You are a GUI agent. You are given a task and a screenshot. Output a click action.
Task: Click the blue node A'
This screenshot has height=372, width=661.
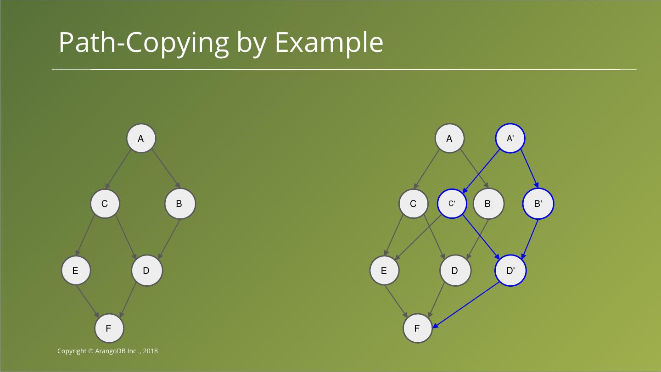coord(510,139)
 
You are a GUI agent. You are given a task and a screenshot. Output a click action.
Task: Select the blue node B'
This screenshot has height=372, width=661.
coord(538,204)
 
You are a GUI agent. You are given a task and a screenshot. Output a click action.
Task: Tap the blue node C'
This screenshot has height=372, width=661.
coord(452,203)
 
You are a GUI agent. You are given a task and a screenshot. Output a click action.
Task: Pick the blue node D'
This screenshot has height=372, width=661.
coord(510,271)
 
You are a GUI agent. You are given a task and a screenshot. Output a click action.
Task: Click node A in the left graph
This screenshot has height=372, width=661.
coord(141,139)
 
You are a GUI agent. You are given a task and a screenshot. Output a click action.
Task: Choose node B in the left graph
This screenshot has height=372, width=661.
coord(179,204)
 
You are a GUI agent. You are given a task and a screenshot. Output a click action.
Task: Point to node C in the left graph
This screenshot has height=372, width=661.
coord(105,204)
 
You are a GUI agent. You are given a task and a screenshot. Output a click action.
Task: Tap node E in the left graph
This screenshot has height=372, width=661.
coord(76,271)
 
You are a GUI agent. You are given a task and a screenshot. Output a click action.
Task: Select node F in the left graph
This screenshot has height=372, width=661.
coord(109,328)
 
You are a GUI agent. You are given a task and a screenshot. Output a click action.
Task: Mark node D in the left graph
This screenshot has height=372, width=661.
coord(146,271)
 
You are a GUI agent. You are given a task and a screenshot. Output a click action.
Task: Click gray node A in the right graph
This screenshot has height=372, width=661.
coord(449,139)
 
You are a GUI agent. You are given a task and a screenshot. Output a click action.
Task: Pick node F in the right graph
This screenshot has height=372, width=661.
coord(417,328)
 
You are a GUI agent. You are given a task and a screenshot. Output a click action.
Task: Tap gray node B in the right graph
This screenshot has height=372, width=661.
coord(488,204)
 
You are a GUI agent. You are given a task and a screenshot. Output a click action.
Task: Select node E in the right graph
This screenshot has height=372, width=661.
coord(384,271)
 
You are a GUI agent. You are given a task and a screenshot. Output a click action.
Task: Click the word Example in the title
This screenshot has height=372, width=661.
coord(329,43)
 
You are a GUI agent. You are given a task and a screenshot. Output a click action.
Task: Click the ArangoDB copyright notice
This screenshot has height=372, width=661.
coord(107,351)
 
